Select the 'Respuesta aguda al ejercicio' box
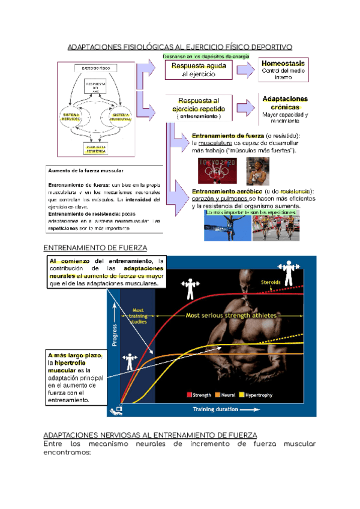pyautogui.click(x=199, y=70)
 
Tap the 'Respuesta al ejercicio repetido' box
pyautogui.click(x=199, y=108)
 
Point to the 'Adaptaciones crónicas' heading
pyautogui.click(x=285, y=103)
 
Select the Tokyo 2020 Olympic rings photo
pyautogui.click(x=218, y=170)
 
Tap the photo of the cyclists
pyautogui.click(x=275, y=226)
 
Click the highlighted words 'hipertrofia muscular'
pyautogui.click(x=68, y=367)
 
